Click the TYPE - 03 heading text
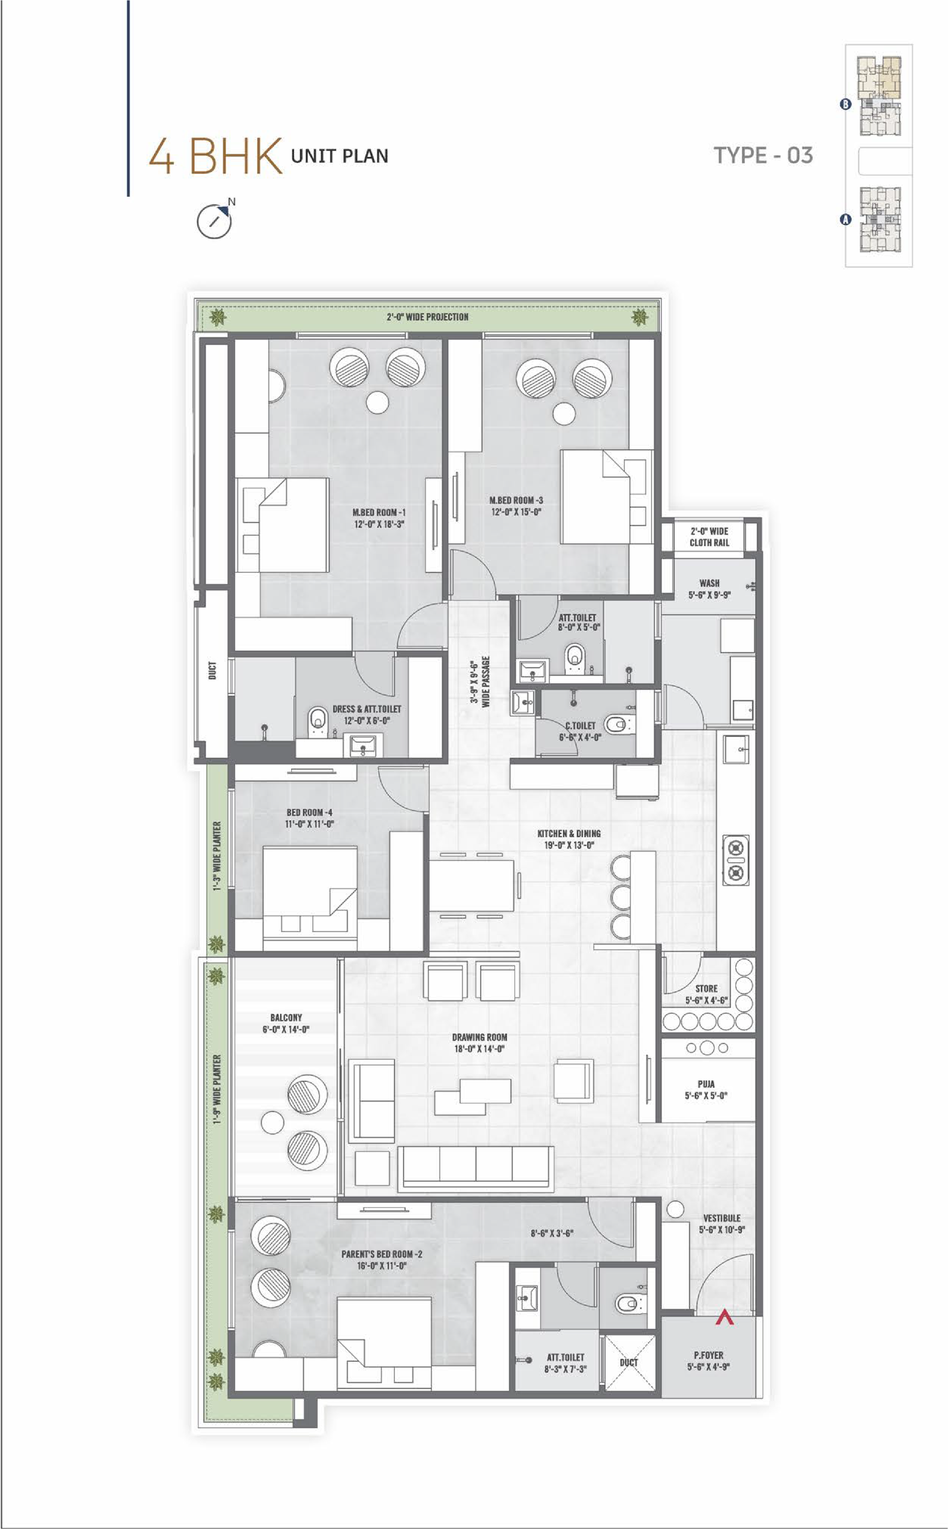tap(763, 155)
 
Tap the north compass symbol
tap(215, 220)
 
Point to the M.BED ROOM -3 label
tap(516, 506)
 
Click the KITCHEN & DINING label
tap(569, 839)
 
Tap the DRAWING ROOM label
tap(480, 1043)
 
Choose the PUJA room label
tap(706, 1090)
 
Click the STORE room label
tap(706, 994)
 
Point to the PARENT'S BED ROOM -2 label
tap(382, 1259)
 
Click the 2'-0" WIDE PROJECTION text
tap(428, 317)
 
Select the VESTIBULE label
tap(722, 1224)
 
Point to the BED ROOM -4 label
tap(309, 818)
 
